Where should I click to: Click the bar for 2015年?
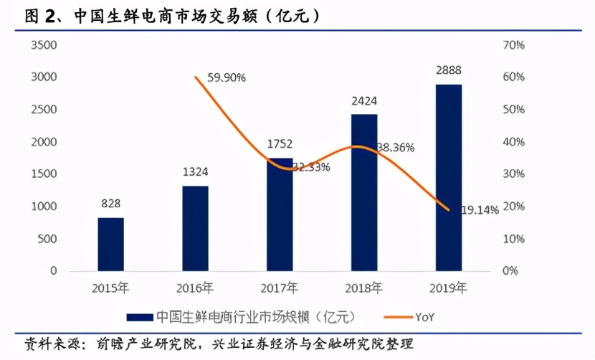click(110, 244)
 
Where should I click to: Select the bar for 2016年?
click(195, 228)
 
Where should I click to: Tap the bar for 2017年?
click(280, 214)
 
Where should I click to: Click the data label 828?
click(110, 204)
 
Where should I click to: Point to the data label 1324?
click(195, 173)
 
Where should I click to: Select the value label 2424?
click(364, 101)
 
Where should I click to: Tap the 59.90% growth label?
click(227, 77)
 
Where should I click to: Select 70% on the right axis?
click(515, 44)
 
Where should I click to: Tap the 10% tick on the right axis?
click(515, 239)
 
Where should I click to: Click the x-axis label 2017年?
click(280, 290)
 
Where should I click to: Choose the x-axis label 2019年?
click(449, 290)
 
